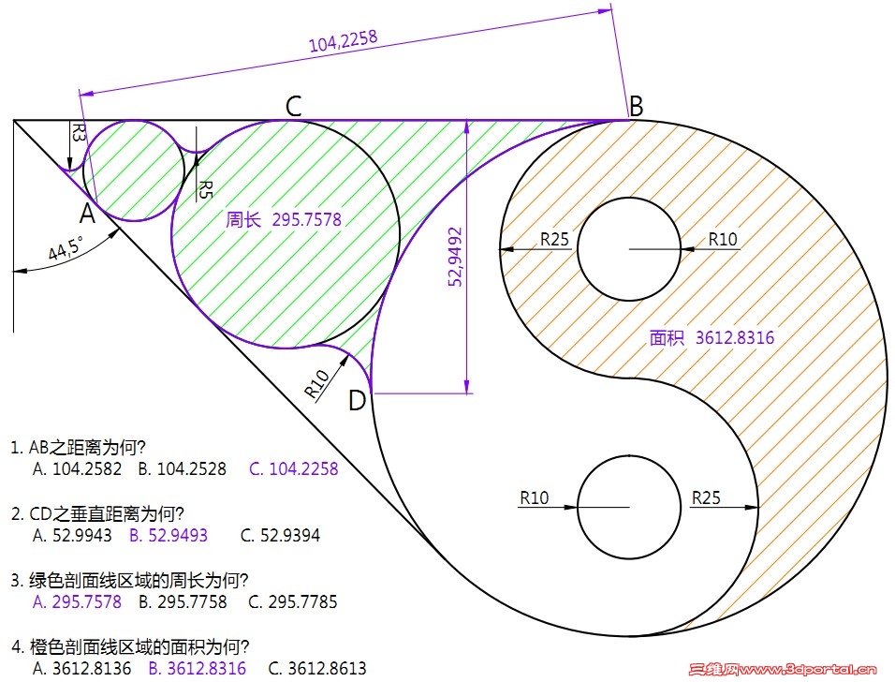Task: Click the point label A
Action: [87, 215]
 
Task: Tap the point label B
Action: [636, 106]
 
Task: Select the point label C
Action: [293, 106]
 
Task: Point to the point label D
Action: [357, 401]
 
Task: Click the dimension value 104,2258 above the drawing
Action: [343, 41]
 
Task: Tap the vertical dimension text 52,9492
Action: [455, 257]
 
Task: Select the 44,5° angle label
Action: [66, 248]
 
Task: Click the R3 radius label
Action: [79, 132]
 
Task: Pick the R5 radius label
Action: [205, 189]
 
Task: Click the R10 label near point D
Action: [316, 383]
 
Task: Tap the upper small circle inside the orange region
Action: [629, 249]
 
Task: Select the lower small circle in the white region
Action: [629, 507]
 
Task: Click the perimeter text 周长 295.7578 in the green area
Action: [284, 219]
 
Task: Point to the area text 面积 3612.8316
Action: [712, 337]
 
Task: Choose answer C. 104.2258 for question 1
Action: [294, 469]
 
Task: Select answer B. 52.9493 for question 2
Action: [169, 535]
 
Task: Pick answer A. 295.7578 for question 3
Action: [77, 601]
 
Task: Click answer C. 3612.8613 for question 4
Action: [317, 668]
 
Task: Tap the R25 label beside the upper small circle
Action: [554, 239]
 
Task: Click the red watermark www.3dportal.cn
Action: [783, 669]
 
